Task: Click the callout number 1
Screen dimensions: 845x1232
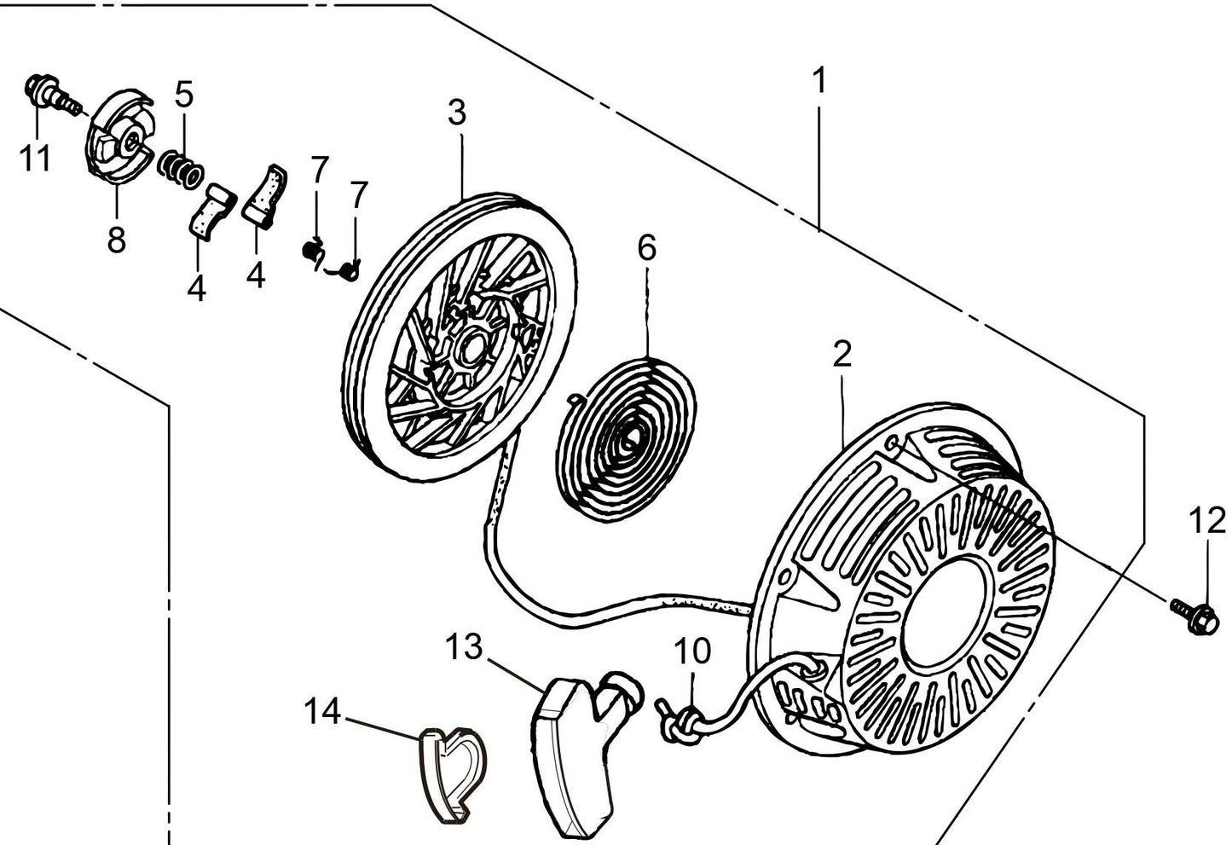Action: point(819,82)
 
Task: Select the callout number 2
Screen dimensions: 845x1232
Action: point(842,354)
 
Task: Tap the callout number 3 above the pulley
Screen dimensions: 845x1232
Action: point(458,113)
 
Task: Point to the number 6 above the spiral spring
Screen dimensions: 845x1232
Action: point(647,248)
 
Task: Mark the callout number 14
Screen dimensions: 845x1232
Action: point(323,710)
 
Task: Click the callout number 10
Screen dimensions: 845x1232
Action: point(691,651)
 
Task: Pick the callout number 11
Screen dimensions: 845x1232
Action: point(36,159)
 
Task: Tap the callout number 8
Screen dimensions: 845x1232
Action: point(117,240)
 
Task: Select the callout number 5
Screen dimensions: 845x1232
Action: point(185,94)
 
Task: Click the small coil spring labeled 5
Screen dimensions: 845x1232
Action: point(180,165)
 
